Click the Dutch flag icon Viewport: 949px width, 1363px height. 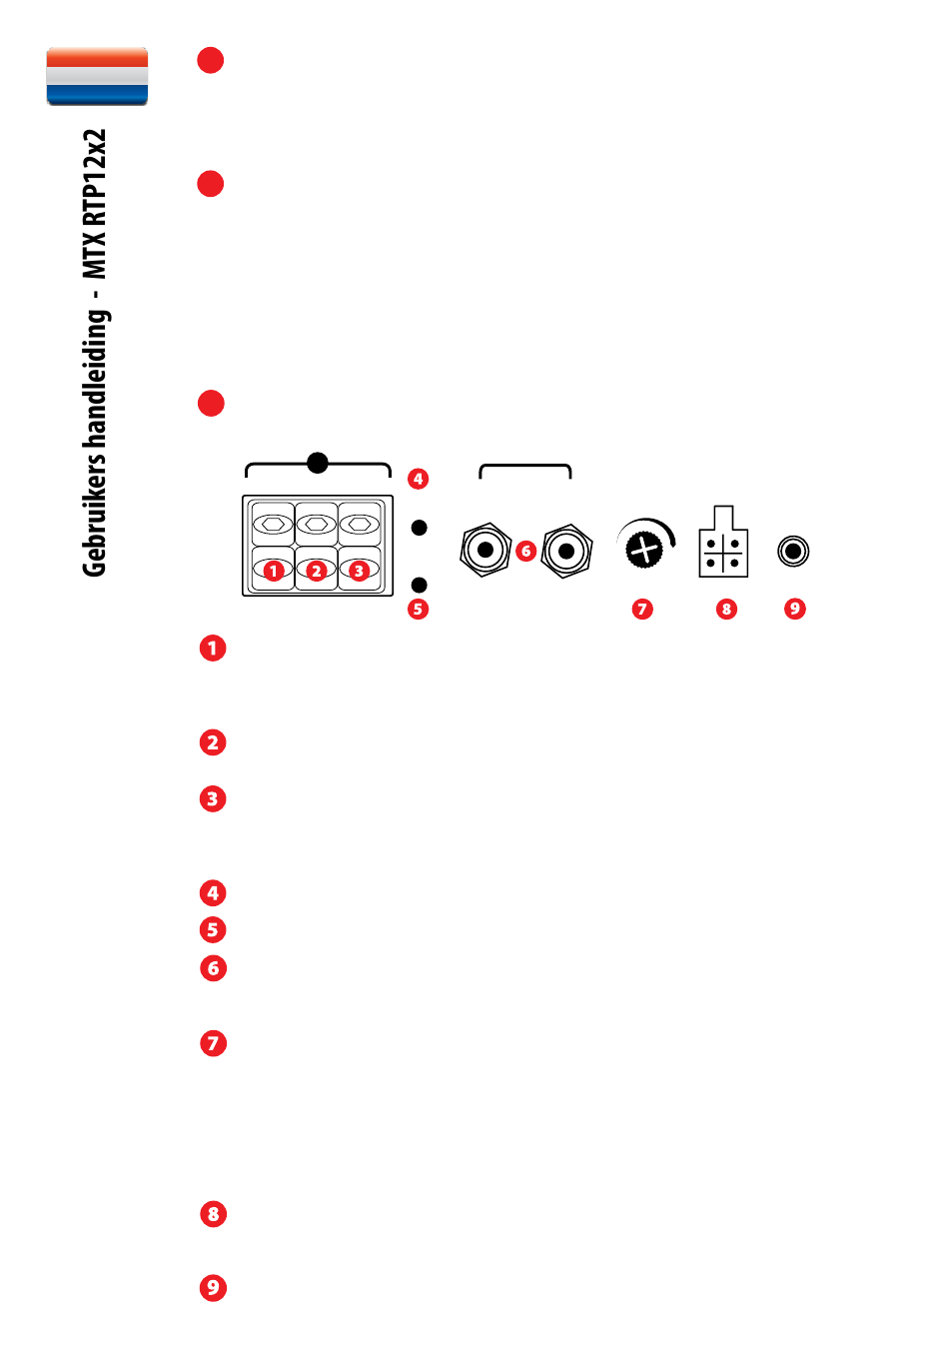(x=97, y=76)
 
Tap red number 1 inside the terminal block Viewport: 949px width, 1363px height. (x=274, y=571)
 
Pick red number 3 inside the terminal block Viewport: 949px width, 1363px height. (x=359, y=571)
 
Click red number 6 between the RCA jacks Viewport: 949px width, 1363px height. (x=526, y=552)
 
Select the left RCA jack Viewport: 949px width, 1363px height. (x=485, y=550)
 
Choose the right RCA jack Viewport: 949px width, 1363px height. (x=566, y=552)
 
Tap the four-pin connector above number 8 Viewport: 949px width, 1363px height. (x=723, y=541)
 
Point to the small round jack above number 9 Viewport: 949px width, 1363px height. (x=793, y=552)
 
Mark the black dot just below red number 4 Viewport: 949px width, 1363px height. (x=420, y=528)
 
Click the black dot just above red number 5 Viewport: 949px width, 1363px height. (x=420, y=585)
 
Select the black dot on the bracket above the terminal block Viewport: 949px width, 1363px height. (x=318, y=463)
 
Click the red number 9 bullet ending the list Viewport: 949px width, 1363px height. (x=213, y=1287)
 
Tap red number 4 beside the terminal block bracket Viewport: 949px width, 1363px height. (x=418, y=479)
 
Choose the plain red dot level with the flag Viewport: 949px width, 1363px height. (x=211, y=60)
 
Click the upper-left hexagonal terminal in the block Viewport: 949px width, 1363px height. (x=273, y=524)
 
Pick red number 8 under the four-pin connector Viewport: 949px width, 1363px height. (x=726, y=610)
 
